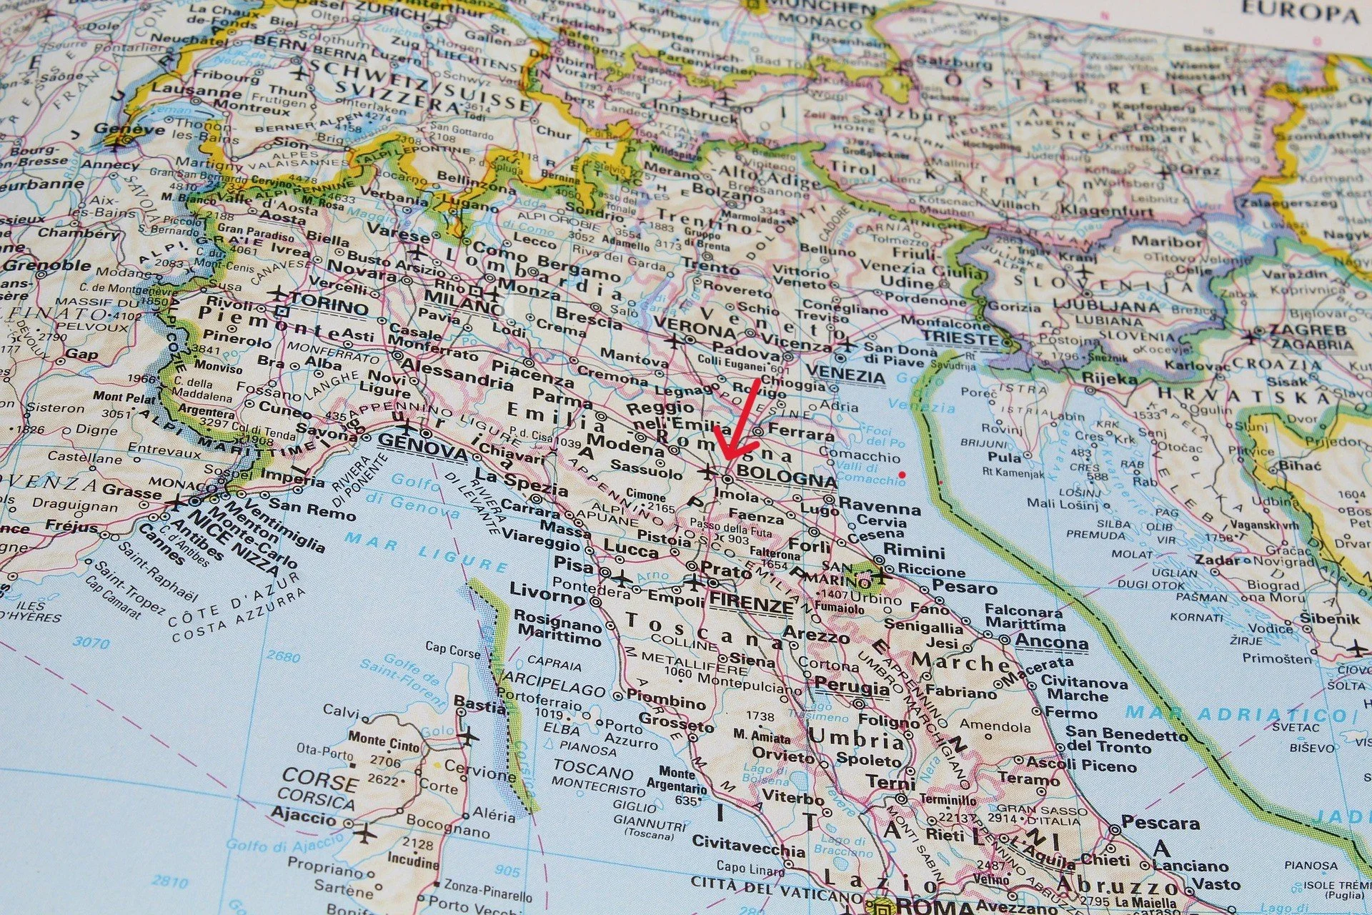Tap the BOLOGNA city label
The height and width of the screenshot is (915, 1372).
(786, 475)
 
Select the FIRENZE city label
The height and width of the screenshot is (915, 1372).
(752, 605)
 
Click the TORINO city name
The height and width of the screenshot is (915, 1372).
(329, 307)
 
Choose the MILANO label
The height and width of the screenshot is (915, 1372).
(463, 306)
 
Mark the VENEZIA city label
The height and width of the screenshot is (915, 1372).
(846, 373)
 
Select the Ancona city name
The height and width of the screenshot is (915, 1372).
(1051, 641)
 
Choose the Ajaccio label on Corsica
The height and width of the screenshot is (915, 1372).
(304, 817)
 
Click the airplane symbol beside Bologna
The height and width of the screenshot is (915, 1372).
(708, 472)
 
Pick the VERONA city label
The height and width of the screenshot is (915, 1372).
(695, 330)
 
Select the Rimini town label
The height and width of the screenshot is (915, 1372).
(914, 552)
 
